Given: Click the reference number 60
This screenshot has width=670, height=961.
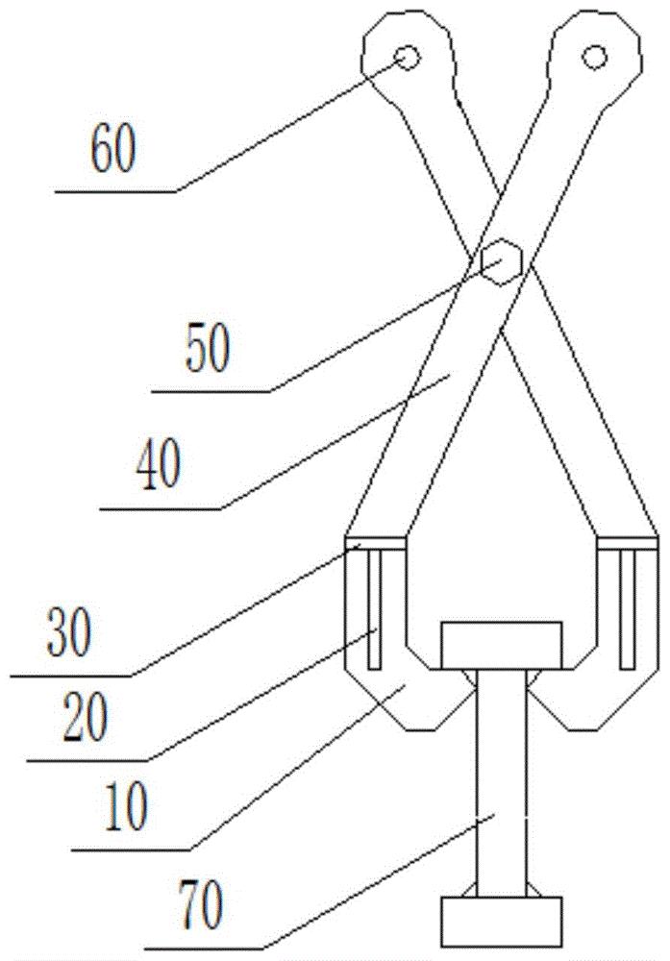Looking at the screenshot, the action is click(x=112, y=148).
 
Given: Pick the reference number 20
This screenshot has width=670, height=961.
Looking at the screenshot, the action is click(x=86, y=717).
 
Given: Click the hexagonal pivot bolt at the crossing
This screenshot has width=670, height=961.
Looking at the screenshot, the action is click(x=502, y=261).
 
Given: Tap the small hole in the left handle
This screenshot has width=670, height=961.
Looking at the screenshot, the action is click(x=407, y=59).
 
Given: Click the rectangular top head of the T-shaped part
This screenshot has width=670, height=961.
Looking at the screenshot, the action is click(x=502, y=646).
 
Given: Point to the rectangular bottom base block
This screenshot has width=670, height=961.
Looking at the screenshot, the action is click(x=502, y=923).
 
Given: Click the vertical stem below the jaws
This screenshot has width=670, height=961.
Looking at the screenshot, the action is click(x=502, y=783).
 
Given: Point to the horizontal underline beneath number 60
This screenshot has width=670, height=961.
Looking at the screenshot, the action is click(x=116, y=192).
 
